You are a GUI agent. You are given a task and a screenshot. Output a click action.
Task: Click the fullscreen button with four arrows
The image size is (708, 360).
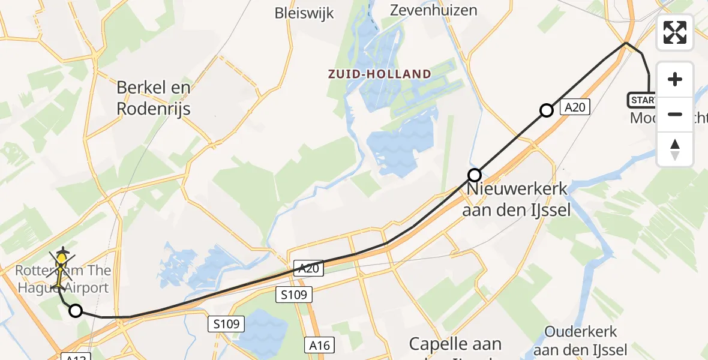675,32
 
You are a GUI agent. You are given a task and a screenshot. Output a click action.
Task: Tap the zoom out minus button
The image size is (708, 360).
675,114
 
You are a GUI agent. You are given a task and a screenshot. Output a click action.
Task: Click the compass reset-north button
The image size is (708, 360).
675,149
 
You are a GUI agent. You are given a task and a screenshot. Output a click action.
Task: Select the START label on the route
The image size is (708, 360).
643,100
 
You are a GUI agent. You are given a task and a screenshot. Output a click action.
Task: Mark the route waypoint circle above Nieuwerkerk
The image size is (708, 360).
475,175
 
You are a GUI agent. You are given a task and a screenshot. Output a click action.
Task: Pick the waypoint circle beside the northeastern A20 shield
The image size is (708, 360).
546,110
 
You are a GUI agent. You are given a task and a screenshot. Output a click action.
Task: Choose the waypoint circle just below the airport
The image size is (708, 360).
76,311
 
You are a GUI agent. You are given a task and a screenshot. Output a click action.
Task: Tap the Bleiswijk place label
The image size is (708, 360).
304,13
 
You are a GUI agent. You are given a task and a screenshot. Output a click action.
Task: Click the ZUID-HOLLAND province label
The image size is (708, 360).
379,74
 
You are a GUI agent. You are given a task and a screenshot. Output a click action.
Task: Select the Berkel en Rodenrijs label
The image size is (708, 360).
154,98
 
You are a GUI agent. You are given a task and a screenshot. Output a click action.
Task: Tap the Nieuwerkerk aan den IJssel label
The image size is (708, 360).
517,200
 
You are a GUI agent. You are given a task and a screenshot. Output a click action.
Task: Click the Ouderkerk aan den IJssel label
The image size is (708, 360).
580,340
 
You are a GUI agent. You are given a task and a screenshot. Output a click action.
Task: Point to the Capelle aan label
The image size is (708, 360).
455,344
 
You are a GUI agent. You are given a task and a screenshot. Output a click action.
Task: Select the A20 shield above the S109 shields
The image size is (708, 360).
308,269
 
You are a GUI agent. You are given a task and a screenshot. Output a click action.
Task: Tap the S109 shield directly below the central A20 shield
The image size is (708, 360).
295,294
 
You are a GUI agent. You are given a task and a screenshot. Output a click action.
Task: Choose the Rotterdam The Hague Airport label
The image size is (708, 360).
63,279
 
